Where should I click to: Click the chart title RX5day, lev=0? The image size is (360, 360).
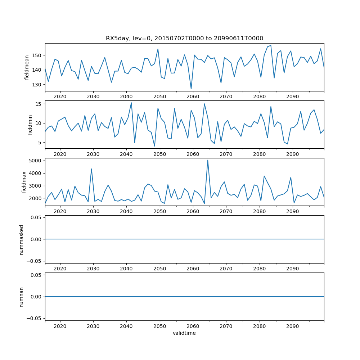pos(184,38)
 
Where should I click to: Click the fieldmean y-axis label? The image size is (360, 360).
pos(27,67)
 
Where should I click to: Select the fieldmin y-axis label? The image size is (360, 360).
pos(30,125)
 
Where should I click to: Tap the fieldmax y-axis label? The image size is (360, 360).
pos(24,182)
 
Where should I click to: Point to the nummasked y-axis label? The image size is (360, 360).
pos(21,239)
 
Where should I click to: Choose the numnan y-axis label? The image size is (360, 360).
pos(21,297)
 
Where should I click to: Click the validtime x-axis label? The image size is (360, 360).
pos(184,333)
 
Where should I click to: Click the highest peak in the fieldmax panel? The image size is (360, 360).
pos(208,160)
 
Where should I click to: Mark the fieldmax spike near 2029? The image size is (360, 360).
pos(91,169)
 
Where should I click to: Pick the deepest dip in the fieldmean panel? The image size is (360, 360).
pos(191,89)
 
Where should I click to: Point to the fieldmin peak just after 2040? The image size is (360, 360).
pos(131,103)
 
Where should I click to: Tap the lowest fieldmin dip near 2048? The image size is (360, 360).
pos(154,146)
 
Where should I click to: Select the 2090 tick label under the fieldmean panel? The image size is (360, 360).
pos(292,97)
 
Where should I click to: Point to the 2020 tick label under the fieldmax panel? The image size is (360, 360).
pos(60,212)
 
